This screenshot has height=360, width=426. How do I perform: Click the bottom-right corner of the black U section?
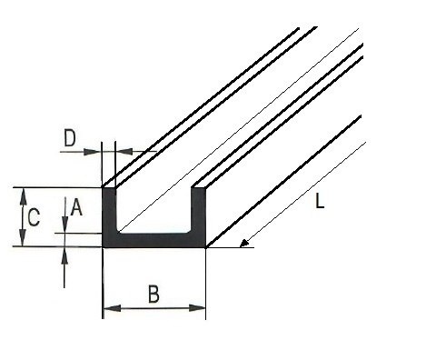[x=205, y=245]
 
